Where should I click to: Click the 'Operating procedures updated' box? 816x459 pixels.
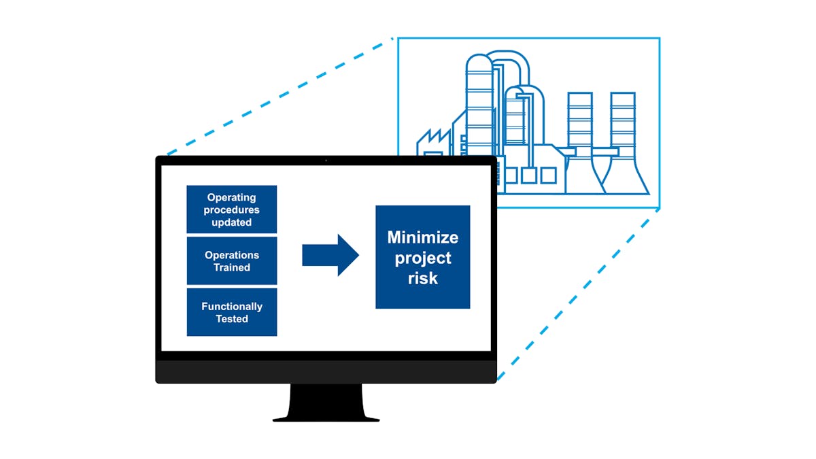tap(232, 209)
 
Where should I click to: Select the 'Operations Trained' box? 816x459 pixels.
tap(232, 261)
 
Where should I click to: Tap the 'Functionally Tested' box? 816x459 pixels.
tap(232, 312)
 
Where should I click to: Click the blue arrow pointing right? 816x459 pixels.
tap(330, 256)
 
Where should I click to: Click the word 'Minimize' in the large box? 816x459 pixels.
tap(422, 237)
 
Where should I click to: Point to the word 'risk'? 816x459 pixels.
tap(422, 278)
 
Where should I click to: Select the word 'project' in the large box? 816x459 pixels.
tap(422, 258)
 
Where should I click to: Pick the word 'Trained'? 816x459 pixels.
tap(232, 268)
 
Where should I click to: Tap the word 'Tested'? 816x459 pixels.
tap(232, 319)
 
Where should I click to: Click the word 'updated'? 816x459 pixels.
tap(232, 222)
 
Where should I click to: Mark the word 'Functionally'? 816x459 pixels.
tap(232, 307)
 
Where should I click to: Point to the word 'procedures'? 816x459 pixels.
tap(232, 210)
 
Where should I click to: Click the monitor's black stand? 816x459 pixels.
tap(326, 404)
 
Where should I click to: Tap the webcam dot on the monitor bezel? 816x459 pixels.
tap(326, 160)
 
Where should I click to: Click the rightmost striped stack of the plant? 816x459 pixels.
tap(622, 122)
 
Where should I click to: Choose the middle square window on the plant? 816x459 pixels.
tap(530, 175)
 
